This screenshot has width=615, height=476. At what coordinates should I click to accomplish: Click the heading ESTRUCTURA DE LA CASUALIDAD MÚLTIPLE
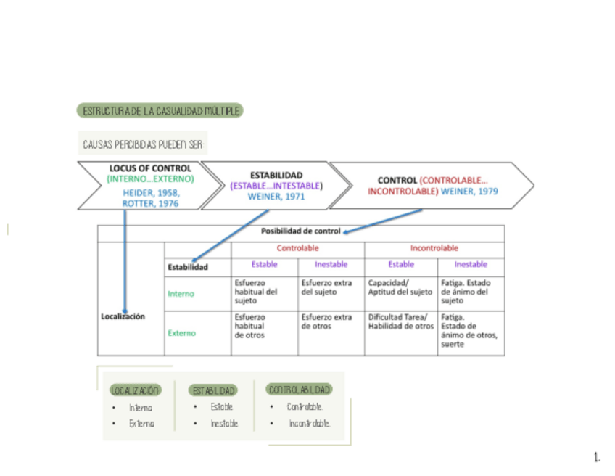[159, 111]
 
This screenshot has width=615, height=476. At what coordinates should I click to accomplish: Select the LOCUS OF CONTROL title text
[150, 168]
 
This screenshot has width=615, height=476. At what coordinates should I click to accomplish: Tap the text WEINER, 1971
[276, 196]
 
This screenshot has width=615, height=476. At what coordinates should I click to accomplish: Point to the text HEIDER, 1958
[151, 193]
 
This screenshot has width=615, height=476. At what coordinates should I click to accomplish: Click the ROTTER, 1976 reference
[150, 204]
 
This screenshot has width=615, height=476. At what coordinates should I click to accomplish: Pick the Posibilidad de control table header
[300, 231]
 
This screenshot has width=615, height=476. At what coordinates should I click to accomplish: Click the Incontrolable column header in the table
[434, 248]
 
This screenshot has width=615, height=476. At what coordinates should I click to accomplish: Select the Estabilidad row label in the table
[188, 267]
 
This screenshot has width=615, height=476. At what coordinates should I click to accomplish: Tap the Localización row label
[123, 316]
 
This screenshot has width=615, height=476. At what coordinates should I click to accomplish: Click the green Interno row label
[181, 294]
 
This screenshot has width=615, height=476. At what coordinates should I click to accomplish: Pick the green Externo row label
[181, 334]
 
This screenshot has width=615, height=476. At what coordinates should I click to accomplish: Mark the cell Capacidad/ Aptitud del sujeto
[400, 287]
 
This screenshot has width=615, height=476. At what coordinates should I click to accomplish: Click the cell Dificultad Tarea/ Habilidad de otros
[400, 321]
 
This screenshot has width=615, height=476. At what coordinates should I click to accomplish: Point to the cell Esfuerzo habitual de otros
[250, 327]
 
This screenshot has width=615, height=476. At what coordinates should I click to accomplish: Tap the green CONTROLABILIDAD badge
[300, 390]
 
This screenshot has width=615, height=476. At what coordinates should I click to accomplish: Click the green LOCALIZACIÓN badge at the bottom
[136, 390]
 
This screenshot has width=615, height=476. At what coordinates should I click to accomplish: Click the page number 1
[597, 458]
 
